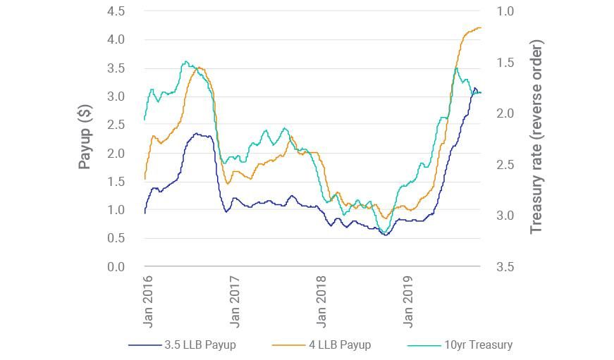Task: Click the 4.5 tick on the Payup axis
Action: [116, 12]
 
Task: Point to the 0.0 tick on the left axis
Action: [116, 267]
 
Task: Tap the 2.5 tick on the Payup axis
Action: [116, 125]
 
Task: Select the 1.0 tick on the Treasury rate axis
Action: [505, 12]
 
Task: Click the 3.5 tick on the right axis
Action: [505, 267]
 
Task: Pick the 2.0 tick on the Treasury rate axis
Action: [505, 114]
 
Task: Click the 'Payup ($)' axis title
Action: [85, 137]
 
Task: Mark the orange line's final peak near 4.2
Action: [479, 28]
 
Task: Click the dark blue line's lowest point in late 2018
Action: [385, 235]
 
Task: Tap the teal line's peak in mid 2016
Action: [185, 62]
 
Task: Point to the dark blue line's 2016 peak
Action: [197, 134]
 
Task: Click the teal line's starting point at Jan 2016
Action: [145, 119]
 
